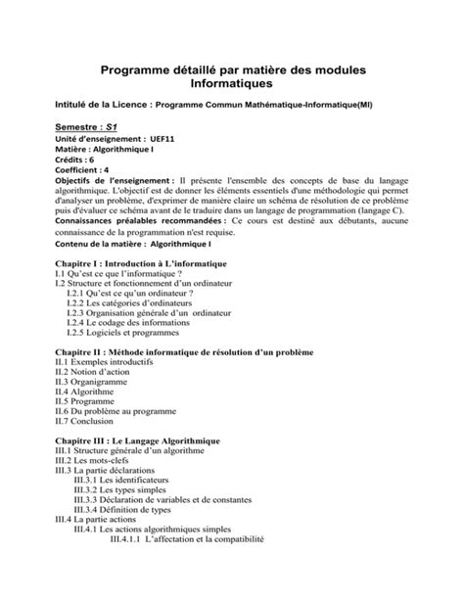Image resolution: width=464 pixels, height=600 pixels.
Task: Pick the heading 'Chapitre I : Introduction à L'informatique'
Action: point(141,264)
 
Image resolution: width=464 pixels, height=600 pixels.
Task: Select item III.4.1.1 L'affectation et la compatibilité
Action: point(187,538)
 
